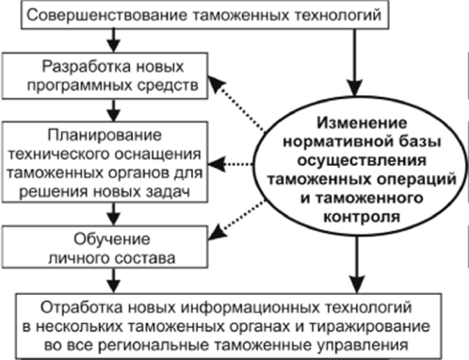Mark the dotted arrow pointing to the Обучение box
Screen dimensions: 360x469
pyautogui.click(x=248, y=216)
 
